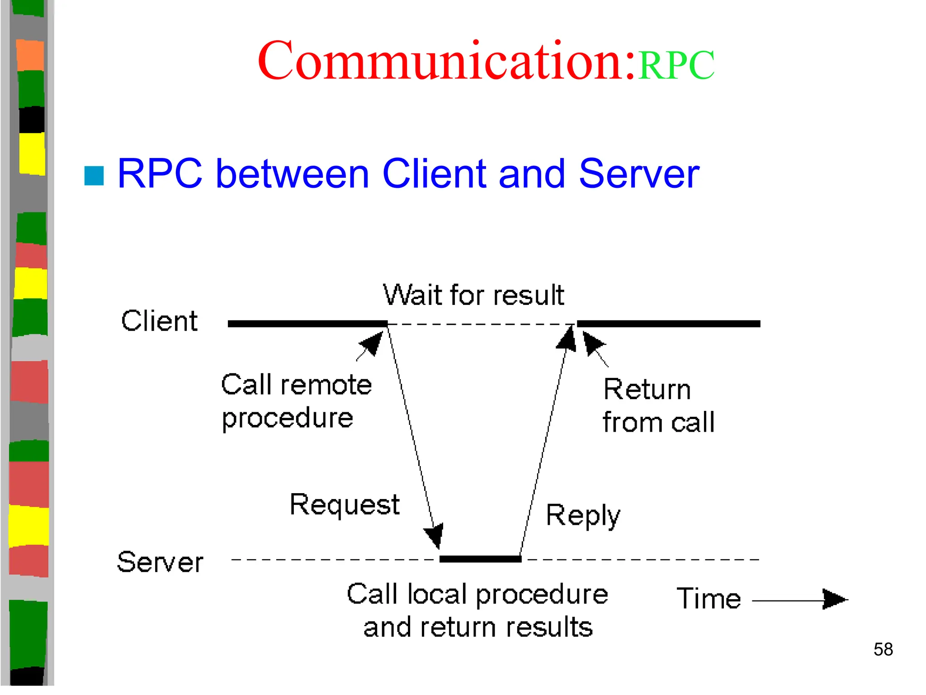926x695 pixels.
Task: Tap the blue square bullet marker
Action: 94,176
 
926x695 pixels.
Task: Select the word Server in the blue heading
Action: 638,174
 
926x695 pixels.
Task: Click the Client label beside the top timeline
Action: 159,321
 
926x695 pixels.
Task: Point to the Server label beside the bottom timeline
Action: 160,562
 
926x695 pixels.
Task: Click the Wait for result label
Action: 473,295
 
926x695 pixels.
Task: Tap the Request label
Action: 345,505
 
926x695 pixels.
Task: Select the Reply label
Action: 582,515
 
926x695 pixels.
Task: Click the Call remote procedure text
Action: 296,401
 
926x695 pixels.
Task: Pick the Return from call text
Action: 658,406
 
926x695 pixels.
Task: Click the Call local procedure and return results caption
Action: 477,610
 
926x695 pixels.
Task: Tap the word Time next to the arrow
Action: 709,599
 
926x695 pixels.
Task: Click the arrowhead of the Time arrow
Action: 834,600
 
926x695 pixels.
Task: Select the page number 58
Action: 883,650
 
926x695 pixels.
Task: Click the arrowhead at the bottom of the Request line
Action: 435,536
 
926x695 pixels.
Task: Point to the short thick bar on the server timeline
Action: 480,559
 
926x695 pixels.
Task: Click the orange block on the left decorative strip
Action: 30,55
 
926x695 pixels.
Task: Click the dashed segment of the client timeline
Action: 482,324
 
